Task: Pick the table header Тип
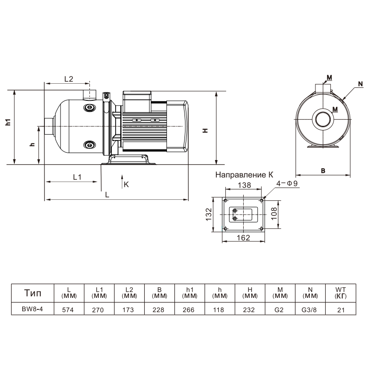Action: pyautogui.click(x=32, y=293)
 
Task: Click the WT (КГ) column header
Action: pyautogui.click(x=341, y=293)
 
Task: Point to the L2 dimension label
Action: pyautogui.click(x=68, y=79)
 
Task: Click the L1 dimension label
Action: pyautogui.click(x=77, y=177)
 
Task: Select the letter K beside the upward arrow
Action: pyautogui.click(x=126, y=184)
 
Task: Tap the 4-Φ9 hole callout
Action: pyautogui.click(x=287, y=184)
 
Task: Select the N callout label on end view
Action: pyautogui.click(x=360, y=83)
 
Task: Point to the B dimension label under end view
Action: pyautogui.click(x=324, y=170)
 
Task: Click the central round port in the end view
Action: pyautogui.click(x=323, y=120)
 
